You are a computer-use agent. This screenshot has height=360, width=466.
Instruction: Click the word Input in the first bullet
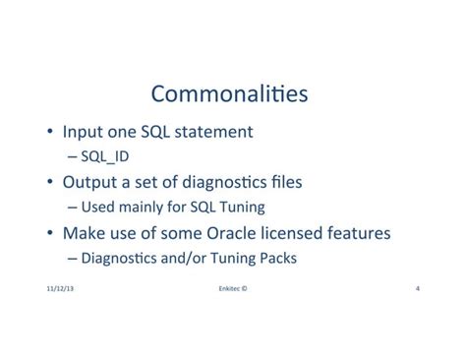click(84, 131)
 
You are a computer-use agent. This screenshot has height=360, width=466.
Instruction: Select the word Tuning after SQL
click(241, 208)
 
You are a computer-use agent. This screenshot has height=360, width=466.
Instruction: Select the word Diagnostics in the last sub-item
click(117, 259)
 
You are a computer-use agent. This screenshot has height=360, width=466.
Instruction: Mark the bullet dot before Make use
click(50, 234)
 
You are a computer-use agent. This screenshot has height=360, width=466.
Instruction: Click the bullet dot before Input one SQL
click(50, 132)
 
